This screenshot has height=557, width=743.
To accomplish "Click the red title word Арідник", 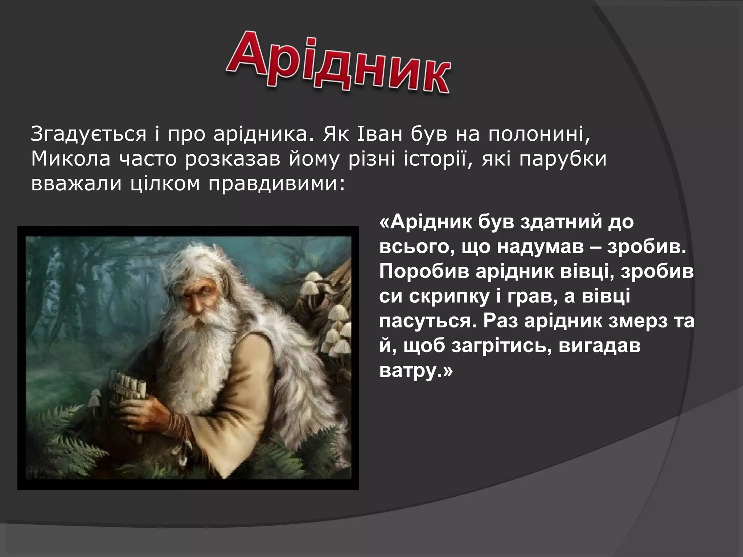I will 337,62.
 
